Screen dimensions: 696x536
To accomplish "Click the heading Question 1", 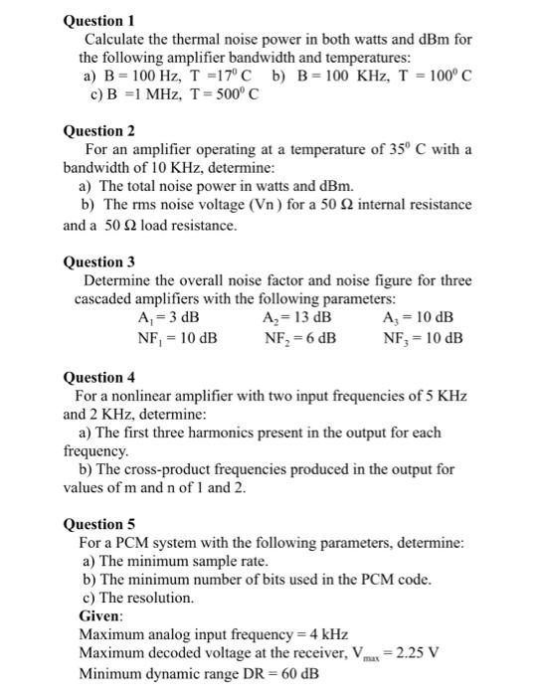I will coord(98,20).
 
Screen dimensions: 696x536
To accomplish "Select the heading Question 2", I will coord(98,130).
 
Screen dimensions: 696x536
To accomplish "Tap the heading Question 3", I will coord(98,262).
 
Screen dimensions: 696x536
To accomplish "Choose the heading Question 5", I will coord(98,524).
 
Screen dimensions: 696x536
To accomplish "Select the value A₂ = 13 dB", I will coord(297,318).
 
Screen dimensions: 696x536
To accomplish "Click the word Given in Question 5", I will coord(101,615).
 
